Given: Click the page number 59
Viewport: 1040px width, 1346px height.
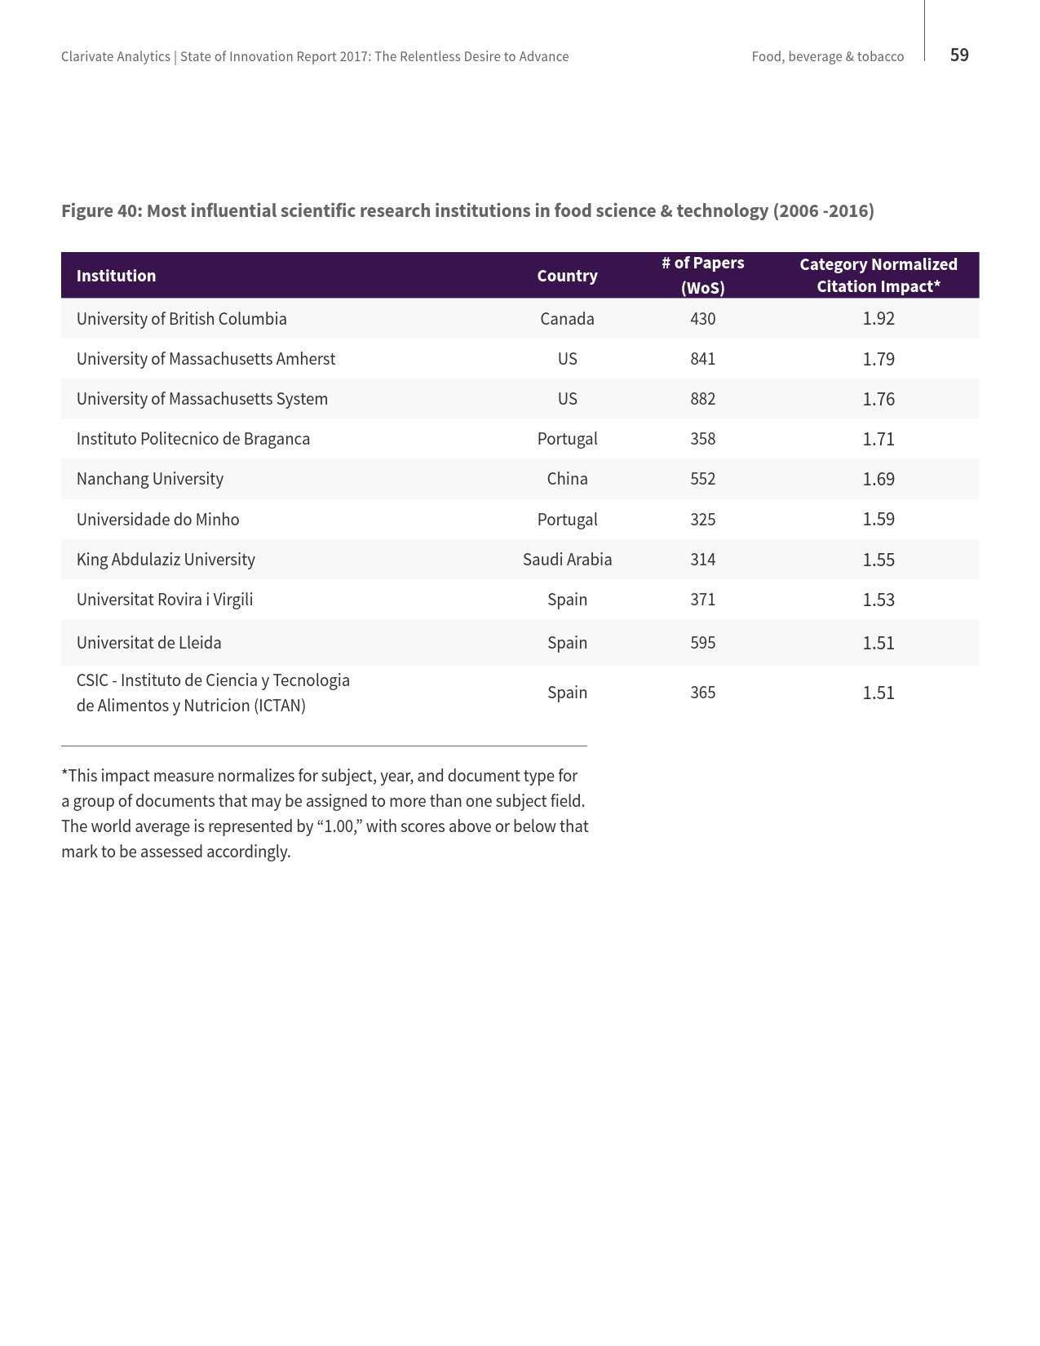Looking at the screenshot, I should (959, 55).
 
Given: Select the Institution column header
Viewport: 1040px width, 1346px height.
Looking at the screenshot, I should (116, 276).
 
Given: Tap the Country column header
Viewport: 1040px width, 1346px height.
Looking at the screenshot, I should (567, 276).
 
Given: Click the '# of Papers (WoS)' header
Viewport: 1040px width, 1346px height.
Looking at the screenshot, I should (702, 275).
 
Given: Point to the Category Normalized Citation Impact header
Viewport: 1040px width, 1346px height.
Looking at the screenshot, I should (878, 275).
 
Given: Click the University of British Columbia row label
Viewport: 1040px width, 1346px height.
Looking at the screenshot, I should (181, 319).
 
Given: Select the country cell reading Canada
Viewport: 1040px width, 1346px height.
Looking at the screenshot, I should (567, 319).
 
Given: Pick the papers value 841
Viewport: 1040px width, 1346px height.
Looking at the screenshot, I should (702, 359).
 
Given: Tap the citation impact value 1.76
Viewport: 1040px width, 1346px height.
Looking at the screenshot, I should (878, 399).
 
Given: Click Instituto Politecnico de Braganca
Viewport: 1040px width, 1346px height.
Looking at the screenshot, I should (193, 439).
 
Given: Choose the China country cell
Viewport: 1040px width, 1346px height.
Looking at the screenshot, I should (567, 479).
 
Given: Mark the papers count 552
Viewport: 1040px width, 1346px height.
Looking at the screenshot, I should (702, 479).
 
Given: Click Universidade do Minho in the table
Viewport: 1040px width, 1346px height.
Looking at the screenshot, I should (157, 520).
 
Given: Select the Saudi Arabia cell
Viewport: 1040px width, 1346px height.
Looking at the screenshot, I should (567, 560).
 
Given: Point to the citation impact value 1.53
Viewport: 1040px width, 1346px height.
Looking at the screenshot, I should (878, 600).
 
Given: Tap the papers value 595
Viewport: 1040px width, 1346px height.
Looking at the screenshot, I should (702, 643).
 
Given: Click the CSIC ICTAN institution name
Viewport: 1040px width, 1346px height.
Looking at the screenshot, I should (212, 693).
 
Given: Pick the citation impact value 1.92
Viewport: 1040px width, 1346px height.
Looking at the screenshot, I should (878, 319).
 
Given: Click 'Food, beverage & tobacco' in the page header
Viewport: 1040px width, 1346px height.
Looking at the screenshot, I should (827, 57).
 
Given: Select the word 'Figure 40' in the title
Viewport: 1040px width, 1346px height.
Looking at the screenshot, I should (100, 211).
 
